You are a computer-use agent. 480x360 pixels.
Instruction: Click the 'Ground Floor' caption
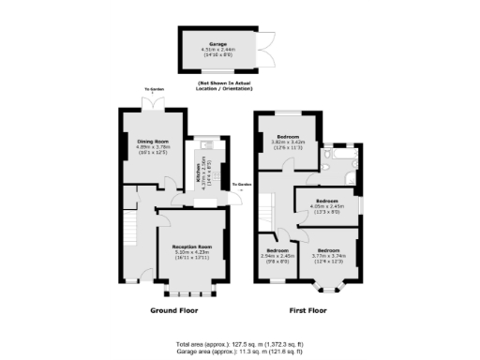[174, 309]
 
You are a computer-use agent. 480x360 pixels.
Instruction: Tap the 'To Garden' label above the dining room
[154, 90]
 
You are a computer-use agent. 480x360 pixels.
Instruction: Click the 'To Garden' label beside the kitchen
[242, 185]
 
